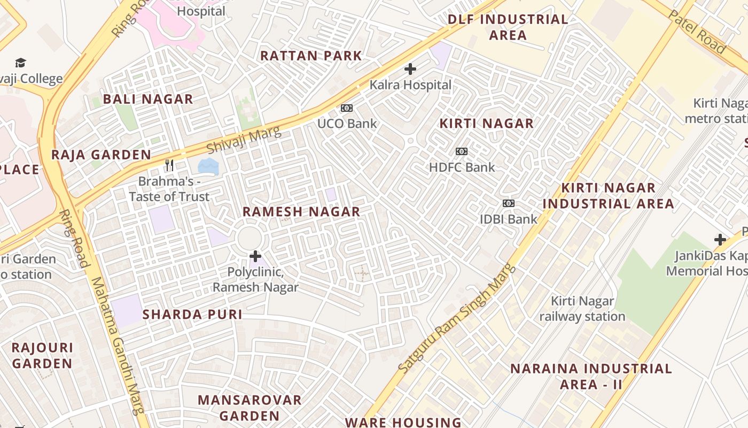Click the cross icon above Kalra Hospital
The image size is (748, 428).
pyautogui.click(x=410, y=69)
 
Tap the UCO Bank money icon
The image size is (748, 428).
pyautogui.click(x=347, y=108)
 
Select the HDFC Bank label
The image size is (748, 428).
pyautogui.click(x=462, y=167)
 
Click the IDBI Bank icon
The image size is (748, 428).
pyautogui.click(x=509, y=203)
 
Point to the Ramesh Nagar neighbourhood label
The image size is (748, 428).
pyautogui.click(x=301, y=212)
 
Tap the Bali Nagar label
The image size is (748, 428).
pyautogui.click(x=148, y=99)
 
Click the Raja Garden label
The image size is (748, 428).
pyautogui.click(x=101, y=155)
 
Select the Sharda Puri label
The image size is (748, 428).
pyautogui.click(x=192, y=315)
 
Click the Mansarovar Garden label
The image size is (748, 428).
pyautogui.click(x=250, y=408)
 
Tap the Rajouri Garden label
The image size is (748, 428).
pyautogui.click(x=42, y=355)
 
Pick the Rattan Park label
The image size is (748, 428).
pyautogui.click(x=311, y=56)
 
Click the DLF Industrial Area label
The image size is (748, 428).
pyautogui.click(x=508, y=27)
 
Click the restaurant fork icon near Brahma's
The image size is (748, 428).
pyautogui.click(x=170, y=165)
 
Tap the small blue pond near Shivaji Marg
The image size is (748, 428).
pyautogui.click(x=208, y=166)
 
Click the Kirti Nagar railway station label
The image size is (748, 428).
pyautogui.click(x=582, y=309)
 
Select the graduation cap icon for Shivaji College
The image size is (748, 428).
pyautogui.click(x=20, y=63)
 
